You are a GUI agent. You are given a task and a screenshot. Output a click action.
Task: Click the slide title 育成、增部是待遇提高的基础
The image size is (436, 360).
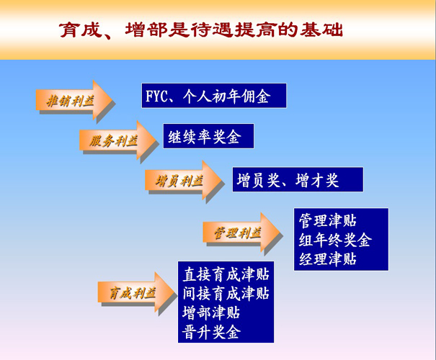tap(201, 30)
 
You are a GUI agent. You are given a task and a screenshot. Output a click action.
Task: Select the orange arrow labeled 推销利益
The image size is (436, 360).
tap(74, 100)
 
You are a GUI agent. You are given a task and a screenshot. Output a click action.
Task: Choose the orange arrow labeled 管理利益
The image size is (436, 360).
tap(241, 233)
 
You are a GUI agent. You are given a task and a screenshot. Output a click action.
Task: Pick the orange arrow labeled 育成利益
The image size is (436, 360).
tap(136, 292)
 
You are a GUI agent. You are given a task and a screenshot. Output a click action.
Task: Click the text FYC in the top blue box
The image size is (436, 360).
tap(157, 96)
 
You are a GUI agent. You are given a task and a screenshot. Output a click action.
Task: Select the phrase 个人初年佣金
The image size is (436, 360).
tap(226, 96)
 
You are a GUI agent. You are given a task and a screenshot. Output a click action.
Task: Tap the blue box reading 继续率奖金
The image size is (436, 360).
tap(208, 136)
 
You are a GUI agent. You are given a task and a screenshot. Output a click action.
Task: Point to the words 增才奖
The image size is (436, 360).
tap(317, 180)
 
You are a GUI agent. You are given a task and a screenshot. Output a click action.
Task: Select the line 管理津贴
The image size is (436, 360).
tap(328, 221)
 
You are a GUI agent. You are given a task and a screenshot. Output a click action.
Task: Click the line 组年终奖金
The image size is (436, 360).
tap(335, 240)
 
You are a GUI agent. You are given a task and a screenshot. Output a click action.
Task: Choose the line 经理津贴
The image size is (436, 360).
tap(328, 259)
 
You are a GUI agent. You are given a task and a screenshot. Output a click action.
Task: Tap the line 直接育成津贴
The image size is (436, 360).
tap(226, 274)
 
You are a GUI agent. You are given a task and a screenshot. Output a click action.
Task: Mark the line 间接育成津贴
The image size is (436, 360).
tap(226, 293)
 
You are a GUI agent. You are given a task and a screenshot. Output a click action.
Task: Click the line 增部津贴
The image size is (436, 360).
tap(211, 312)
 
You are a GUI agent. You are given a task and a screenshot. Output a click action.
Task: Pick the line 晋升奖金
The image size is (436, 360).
tap(211, 331)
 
